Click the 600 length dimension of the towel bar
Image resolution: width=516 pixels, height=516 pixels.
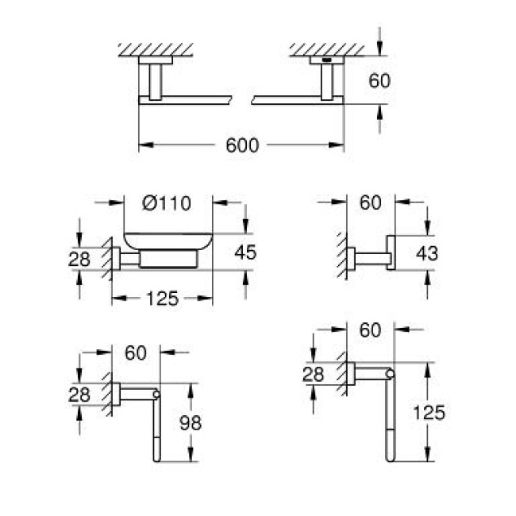coord(242,145)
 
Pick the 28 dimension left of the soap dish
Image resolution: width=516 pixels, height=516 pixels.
coord(79,258)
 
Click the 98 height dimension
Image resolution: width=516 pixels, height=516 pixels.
coord(190,423)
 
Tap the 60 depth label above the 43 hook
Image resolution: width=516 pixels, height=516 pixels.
coord(371,202)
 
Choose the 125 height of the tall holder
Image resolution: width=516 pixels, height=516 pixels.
coord(429,413)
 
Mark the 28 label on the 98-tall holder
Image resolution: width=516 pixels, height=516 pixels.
coord(79,395)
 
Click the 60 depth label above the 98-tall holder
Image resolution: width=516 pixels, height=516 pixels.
coord(136,352)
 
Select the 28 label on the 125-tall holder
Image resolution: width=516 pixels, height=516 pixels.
coord(314,373)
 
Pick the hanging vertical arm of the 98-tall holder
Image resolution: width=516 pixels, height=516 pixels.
coord(156,433)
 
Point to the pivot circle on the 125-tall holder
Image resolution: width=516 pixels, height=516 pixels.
coord(389,373)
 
